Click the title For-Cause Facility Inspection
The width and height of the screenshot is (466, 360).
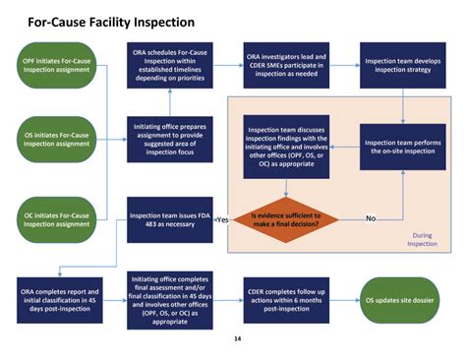coord(110,20)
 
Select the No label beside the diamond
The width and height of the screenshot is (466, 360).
coord(372,217)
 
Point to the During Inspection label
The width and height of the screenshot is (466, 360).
coord(423,239)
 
